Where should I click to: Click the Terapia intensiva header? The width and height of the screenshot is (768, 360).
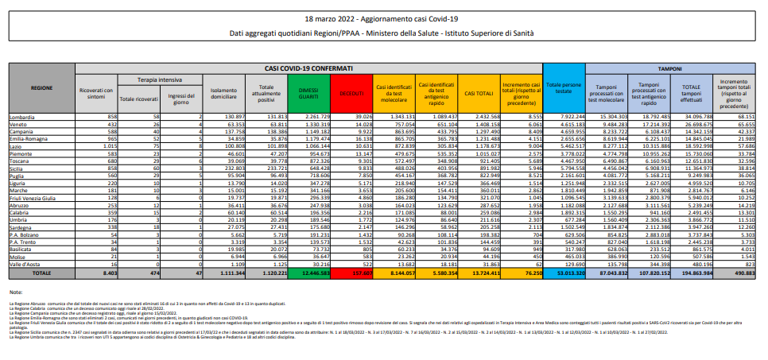[152, 80]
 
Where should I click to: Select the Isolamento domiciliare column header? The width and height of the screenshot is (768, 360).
[223, 93]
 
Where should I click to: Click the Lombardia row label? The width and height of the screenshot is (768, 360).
[23, 116]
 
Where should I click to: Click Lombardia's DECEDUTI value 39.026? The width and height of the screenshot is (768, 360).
[355, 116]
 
